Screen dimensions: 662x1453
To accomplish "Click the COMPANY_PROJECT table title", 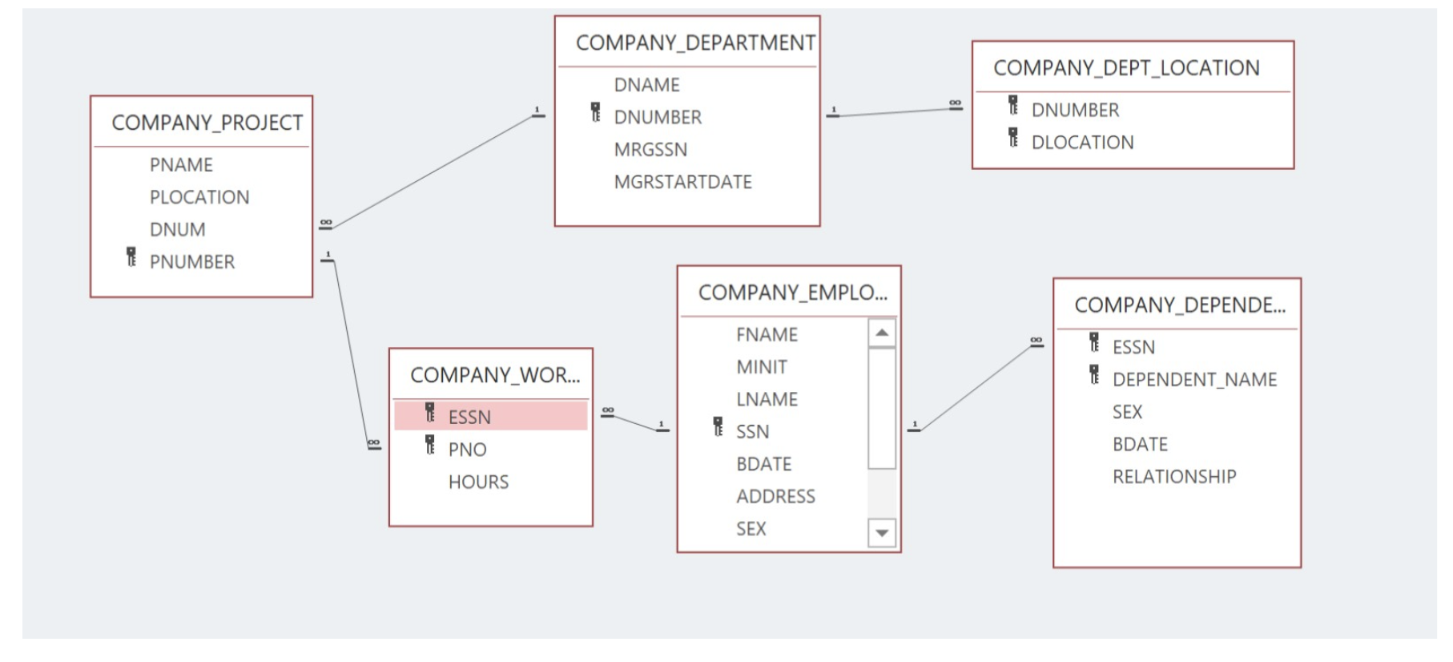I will coord(207,123).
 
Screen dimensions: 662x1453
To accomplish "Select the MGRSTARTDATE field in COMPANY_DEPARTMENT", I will coord(682,182).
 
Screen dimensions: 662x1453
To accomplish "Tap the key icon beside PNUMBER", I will coord(131,257).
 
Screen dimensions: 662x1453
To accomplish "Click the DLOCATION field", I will coord(1082,143).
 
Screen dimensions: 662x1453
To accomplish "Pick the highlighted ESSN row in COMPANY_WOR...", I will coord(490,417).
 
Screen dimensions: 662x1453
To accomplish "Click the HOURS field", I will coord(478,482).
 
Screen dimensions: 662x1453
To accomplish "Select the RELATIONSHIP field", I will coord(1173,477).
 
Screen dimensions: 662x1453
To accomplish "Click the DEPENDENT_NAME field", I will coord(1194,380).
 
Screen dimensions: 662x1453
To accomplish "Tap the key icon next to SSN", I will coord(718,427).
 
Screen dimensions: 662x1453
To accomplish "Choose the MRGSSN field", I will coord(650,150).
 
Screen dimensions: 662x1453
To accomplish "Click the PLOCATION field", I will coord(199,197).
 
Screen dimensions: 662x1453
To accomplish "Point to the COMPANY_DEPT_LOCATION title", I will coord(1126,68).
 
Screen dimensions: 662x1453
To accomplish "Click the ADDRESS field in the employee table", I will coord(775,497).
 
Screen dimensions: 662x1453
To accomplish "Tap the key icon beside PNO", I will coord(430,445).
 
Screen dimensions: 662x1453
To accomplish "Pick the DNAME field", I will coord(646,85).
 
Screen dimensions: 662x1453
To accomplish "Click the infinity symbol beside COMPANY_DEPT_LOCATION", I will coord(955,103).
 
